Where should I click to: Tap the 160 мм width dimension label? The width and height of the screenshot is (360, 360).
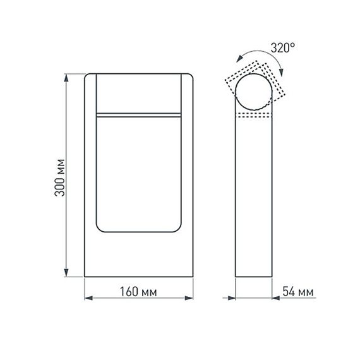point(138,292)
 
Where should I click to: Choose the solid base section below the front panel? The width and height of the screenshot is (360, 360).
point(138,256)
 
